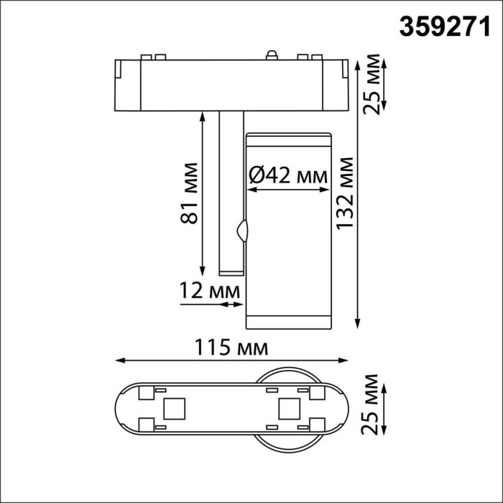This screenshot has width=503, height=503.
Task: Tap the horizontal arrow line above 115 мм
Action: pos(231,361)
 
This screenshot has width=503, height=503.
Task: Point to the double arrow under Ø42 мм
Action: pos(287,190)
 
